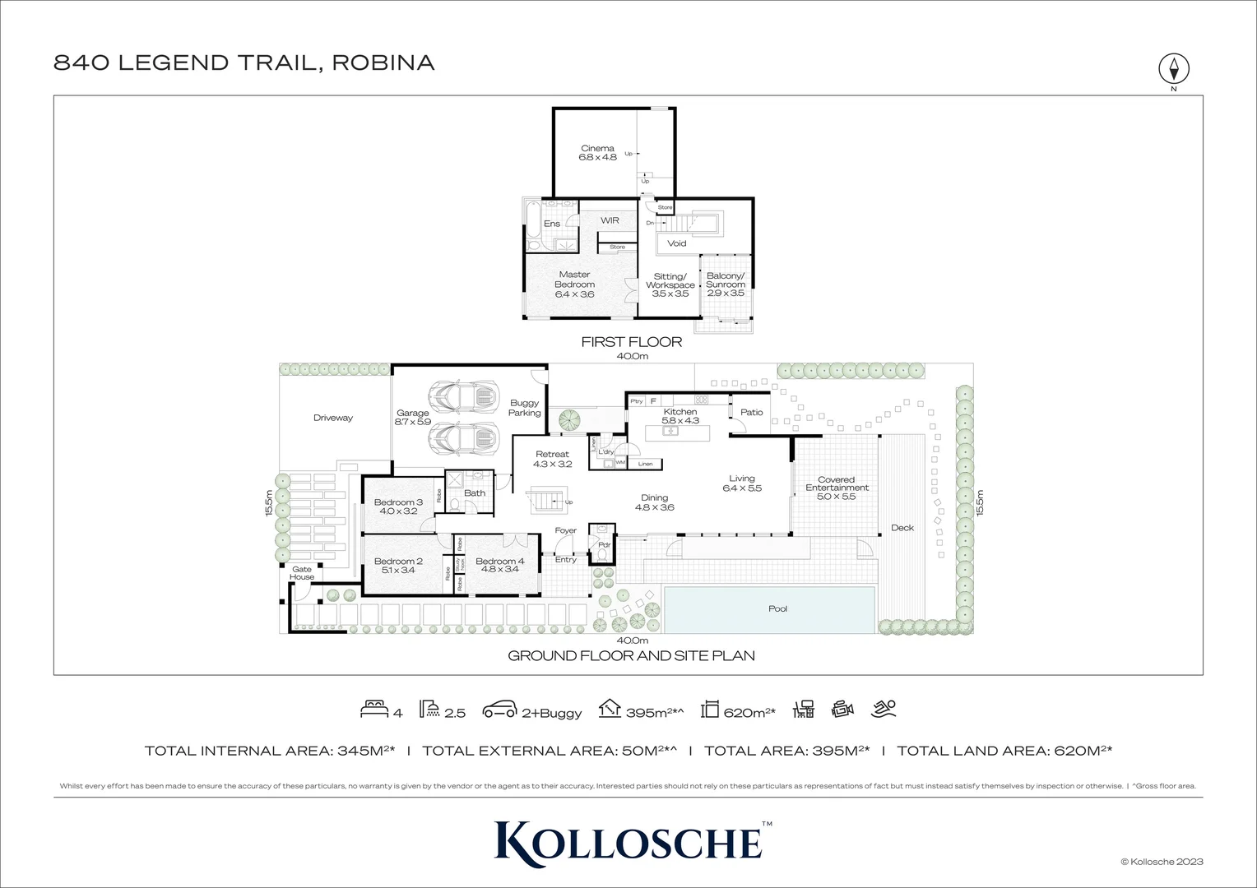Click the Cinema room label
[597, 153]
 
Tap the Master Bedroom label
[574, 284]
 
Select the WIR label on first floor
[610, 220]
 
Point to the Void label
[676, 243]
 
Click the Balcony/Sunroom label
[725, 284]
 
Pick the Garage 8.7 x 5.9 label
[412, 418]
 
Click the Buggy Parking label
[524, 408]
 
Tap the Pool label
[777, 609]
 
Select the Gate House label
[302, 573]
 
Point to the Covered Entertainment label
[837, 488]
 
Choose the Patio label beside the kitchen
[751, 413]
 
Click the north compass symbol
[1174, 68]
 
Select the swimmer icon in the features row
[884, 709]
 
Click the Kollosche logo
[628, 840]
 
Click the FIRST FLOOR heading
[631, 342]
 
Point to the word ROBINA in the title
[383, 62]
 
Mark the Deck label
[902, 528]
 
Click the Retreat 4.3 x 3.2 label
[552, 459]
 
